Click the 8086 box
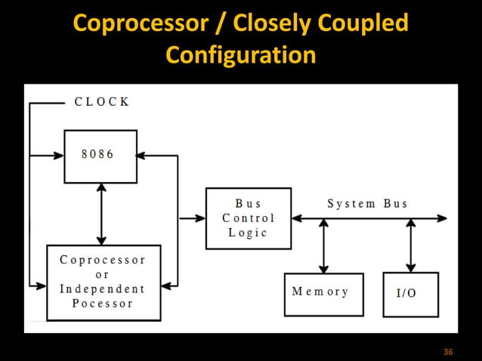point(100,156)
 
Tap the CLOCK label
point(101,102)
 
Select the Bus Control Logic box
point(249,218)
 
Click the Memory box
point(323,294)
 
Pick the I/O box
point(410,294)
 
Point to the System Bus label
point(367,203)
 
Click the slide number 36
point(448,353)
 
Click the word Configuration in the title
point(240,54)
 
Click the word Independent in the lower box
point(102,288)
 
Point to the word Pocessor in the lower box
point(102,304)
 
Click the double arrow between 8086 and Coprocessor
point(100,214)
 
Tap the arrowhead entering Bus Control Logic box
point(200,218)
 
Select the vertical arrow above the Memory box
point(324,245)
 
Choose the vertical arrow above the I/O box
point(410,245)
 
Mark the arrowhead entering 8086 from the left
point(58,156)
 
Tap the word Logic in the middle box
point(248,233)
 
